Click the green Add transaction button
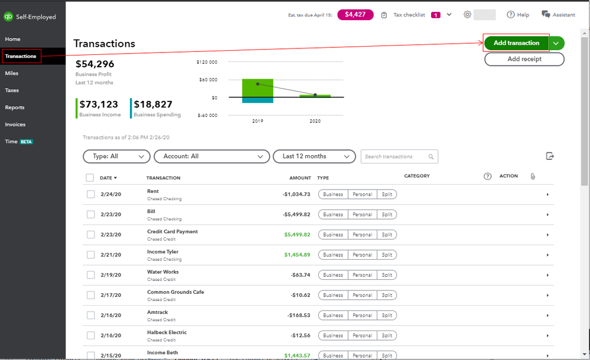coord(516,43)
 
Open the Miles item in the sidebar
coord(12,73)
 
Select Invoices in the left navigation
coord(15,125)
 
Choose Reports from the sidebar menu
coord(15,107)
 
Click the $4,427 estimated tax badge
coord(355,14)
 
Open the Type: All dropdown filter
coord(117,156)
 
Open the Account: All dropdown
coord(211,156)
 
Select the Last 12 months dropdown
coord(315,156)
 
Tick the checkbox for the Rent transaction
coord(91,194)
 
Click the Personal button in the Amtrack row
coord(362,315)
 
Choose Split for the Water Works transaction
coord(387,275)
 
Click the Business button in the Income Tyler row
coord(333,255)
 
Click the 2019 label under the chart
coord(257,120)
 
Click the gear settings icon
coord(468,14)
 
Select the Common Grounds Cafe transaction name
coord(175,292)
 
